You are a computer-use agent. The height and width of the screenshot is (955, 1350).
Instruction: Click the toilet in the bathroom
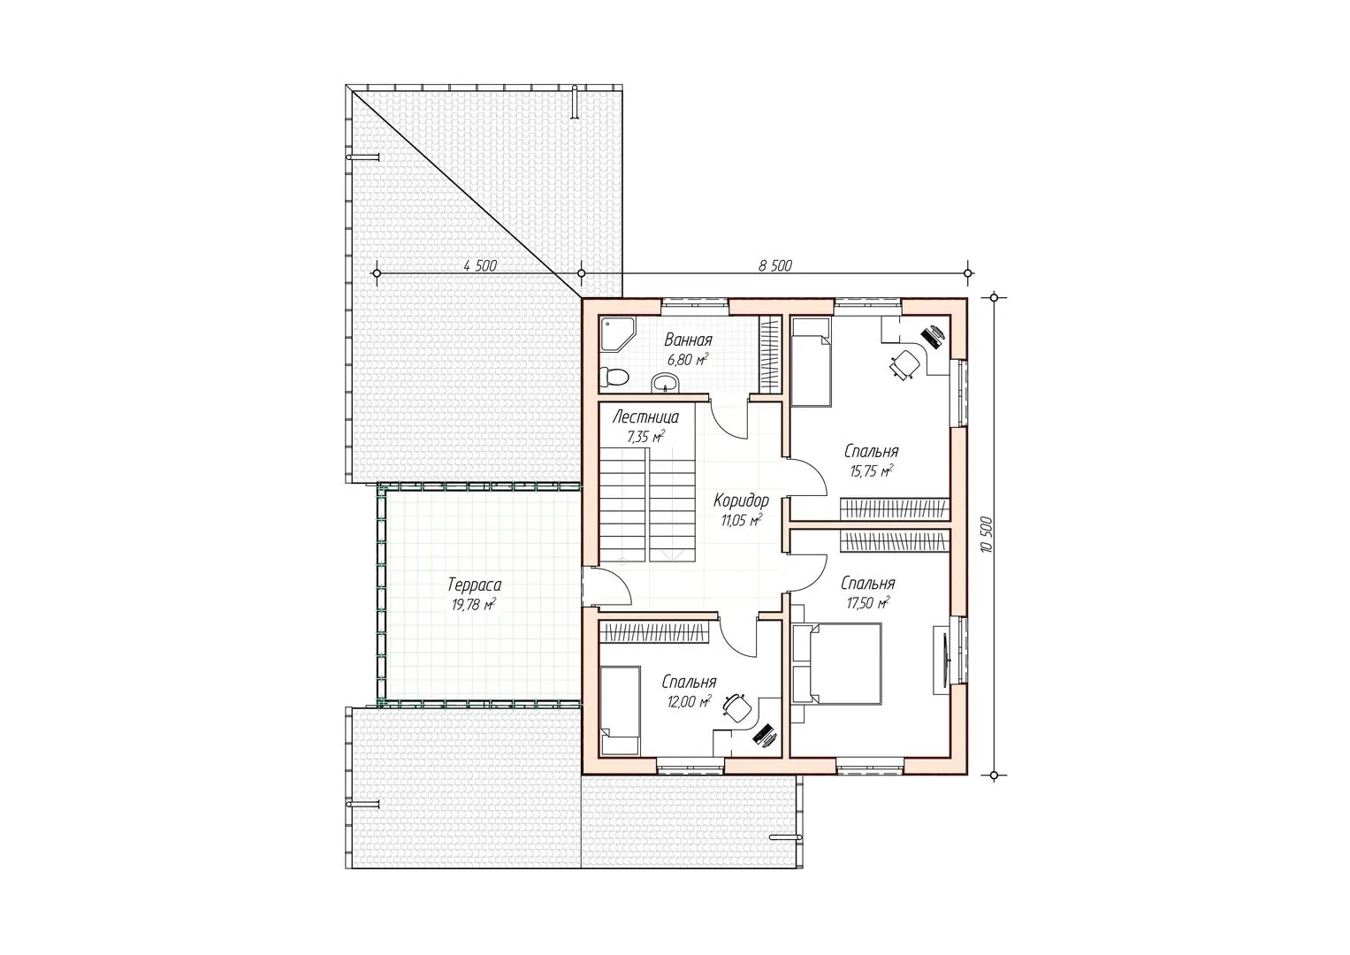pyautogui.click(x=614, y=378)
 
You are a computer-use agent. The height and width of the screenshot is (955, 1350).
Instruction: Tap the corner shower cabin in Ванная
pyautogui.click(x=616, y=332)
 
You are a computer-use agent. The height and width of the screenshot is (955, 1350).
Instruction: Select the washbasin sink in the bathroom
pyautogui.click(x=665, y=382)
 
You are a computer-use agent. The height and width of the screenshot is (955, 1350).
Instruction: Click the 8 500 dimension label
pyautogui.click(x=775, y=265)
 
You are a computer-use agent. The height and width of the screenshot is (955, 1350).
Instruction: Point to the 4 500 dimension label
pyautogui.click(x=480, y=265)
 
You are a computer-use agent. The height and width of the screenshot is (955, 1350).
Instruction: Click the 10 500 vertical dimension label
pyautogui.click(x=987, y=536)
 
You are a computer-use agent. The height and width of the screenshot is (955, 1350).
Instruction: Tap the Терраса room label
pyautogui.click(x=474, y=584)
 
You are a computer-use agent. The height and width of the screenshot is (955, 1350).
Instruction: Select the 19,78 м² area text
pyautogui.click(x=474, y=604)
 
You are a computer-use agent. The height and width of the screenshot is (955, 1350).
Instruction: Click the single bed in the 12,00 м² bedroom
pyautogui.click(x=621, y=709)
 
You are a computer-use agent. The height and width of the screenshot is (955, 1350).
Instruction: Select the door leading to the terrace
pyautogui.click(x=606, y=585)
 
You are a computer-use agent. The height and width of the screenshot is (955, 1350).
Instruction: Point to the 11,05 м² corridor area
pyautogui.click(x=741, y=520)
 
